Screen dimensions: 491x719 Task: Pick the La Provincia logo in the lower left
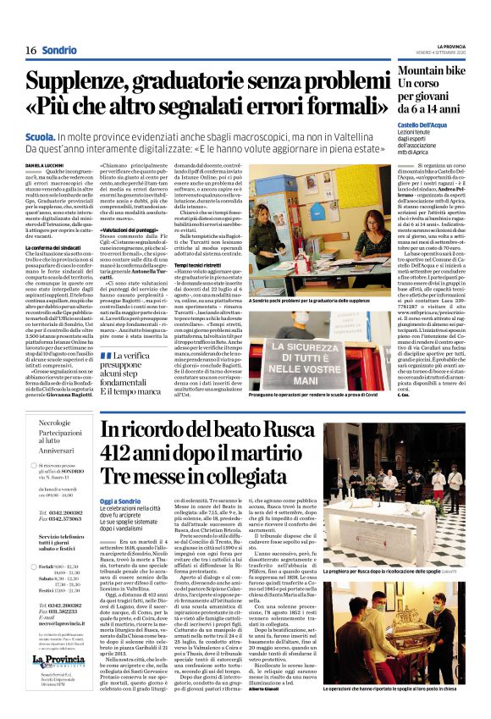click(x=58, y=660)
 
